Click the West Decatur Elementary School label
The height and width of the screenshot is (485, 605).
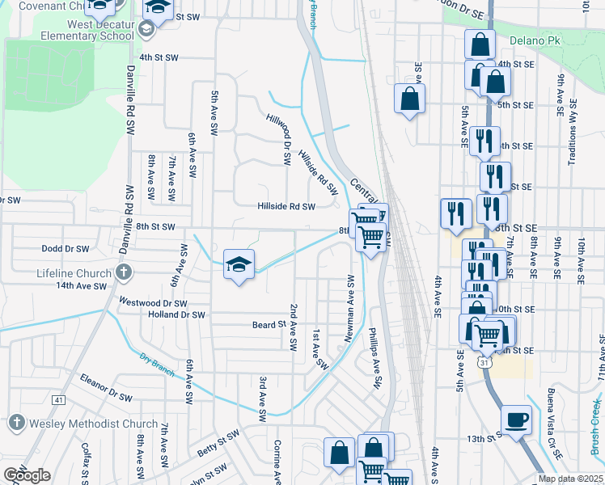pyautogui.click(x=89, y=31)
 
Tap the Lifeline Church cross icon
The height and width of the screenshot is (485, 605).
pyautogui.click(x=124, y=271)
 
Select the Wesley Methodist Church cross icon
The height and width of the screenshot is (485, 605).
pyautogui.click(x=17, y=423)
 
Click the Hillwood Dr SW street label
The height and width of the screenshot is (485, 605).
pyautogui.click(x=278, y=140)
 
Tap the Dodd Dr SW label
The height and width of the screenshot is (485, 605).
pyautogui.click(x=65, y=249)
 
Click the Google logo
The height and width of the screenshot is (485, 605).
pyautogui.click(x=27, y=476)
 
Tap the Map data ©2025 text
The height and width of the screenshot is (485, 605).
pyautogui.click(x=569, y=479)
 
